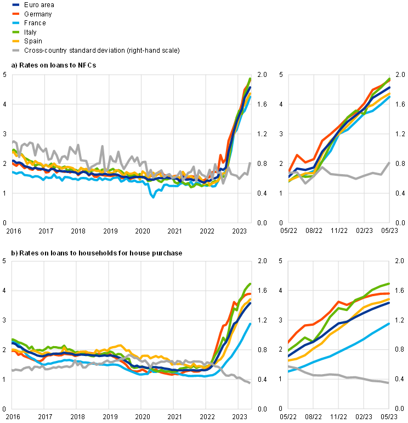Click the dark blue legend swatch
[x=15, y=4]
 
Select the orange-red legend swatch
[x=15, y=14]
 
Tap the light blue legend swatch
[x=15, y=23]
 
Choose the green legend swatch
[x=15, y=32]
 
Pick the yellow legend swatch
[x=15, y=41]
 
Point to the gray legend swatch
[x=15, y=50]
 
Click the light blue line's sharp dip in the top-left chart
[x=153, y=196]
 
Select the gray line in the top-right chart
[x=340, y=175]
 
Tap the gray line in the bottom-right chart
[x=340, y=375]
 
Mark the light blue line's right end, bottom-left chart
[x=251, y=324]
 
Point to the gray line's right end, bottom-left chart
[x=251, y=383]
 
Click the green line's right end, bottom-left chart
[x=251, y=284]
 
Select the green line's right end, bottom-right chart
[x=388, y=284]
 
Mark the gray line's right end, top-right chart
[x=389, y=163]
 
